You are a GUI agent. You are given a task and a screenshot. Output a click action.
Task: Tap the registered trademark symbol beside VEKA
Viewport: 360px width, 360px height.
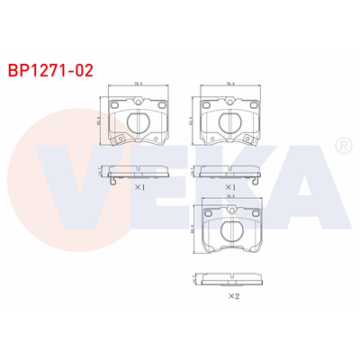pyautogui.click(x=342, y=145)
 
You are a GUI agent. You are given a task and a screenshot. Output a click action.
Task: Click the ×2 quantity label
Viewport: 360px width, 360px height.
pyautogui.click(x=232, y=295)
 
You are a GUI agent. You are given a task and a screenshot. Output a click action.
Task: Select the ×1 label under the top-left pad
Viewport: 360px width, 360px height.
pyautogui.click(x=139, y=188)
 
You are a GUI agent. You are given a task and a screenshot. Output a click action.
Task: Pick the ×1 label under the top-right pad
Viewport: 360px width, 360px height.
pyautogui.click(x=230, y=188)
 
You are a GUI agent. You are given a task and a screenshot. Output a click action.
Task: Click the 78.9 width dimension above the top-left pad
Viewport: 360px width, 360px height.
pyautogui.click(x=139, y=85)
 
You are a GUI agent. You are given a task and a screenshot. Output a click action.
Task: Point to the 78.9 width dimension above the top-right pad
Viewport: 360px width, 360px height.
pyautogui.click(x=231, y=85)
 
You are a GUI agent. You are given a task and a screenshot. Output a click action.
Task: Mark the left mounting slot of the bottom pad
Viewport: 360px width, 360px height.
pyautogui.click(x=209, y=213)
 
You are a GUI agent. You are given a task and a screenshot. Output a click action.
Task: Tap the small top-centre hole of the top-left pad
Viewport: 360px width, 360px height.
pyautogui.click(x=139, y=101)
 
